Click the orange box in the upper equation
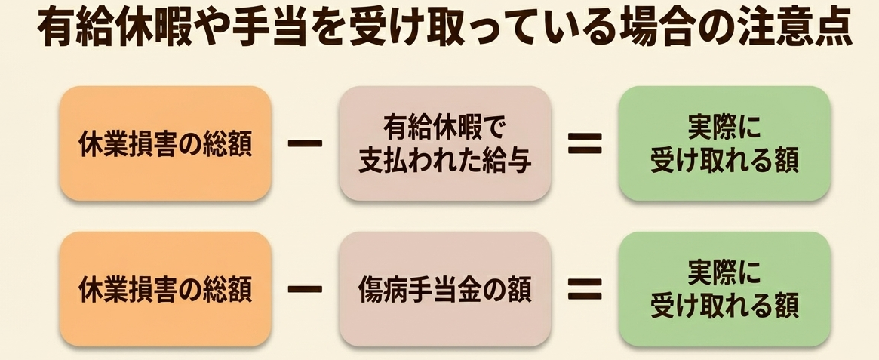tap(165, 143)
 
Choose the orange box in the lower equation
tap(165, 289)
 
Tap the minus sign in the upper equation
tap(305, 143)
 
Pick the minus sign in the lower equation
tap(305, 289)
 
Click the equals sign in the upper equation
tap(585, 143)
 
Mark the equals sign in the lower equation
tap(585, 289)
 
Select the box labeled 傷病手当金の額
tap(445, 289)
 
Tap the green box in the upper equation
tap(724, 143)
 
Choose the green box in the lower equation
tap(724, 289)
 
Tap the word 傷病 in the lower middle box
tap(383, 289)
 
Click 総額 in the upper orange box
tap(227, 144)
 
